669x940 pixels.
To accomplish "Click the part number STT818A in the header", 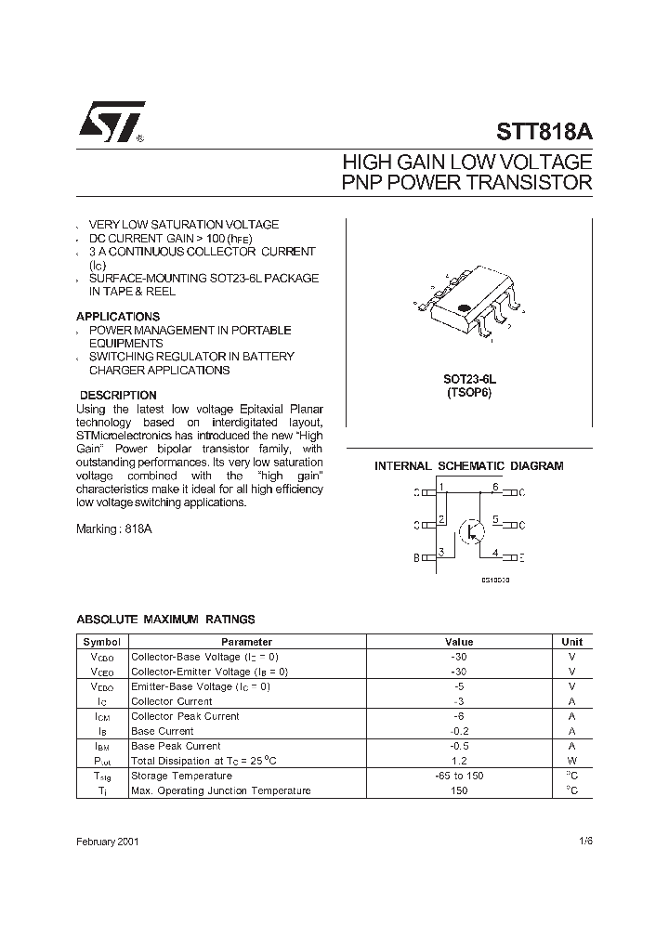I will pyautogui.click(x=544, y=132).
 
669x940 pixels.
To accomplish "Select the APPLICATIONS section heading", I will pyautogui.click(x=118, y=317).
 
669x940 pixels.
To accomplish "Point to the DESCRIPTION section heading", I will pyautogui.click(x=118, y=396).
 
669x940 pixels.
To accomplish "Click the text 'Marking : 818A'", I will pyautogui.click(x=113, y=529).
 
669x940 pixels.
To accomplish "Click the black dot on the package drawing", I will pyautogui.click(x=462, y=307).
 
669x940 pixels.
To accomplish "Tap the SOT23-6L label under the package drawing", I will pyautogui.click(x=469, y=380).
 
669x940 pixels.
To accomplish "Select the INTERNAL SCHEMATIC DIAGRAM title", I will pyautogui.click(x=468, y=466).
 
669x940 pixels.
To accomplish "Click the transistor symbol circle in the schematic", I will pyautogui.click(x=473, y=529).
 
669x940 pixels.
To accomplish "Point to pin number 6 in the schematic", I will pyautogui.click(x=495, y=488).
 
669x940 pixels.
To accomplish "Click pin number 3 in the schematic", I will pyautogui.click(x=442, y=553).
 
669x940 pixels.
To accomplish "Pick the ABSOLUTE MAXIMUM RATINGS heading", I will pyautogui.click(x=165, y=620).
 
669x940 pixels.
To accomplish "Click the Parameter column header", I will pyautogui.click(x=246, y=642).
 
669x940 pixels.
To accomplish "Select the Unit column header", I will pyautogui.click(x=571, y=642).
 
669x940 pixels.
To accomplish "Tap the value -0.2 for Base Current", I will pyautogui.click(x=459, y=731).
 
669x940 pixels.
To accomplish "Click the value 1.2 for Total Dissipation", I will pyautogui.click(x=459, y=761).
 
